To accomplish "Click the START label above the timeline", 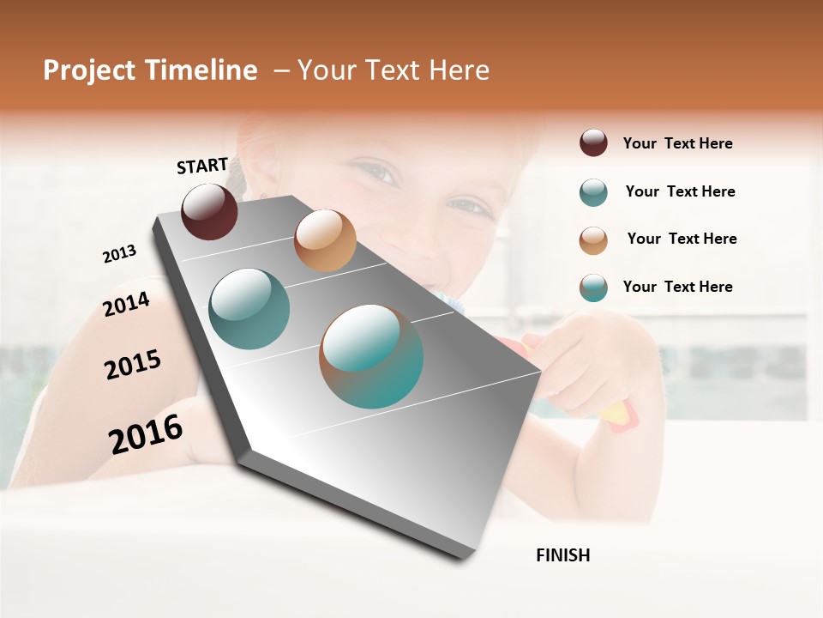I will (x=202, y=166).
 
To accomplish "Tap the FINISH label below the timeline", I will (x=563, y=555).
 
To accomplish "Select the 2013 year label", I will (x=119, y=253).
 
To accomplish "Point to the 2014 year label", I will (x=126, y=304).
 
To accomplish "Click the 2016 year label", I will (x=146, y=433).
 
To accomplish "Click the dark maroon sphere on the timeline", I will (x=209, y=211).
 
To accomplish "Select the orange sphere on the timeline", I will (x=325, y=240).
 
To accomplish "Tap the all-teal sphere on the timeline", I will (x=249, y=309).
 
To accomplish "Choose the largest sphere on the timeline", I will (x=371, y=355).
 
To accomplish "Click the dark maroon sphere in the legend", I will (x=593, y=143).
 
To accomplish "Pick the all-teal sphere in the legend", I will (x=593, y=192).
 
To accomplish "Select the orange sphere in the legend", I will (x=593, y=239).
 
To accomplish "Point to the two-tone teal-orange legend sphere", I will (x=593, y=288).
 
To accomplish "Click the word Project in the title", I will (x=89, y=70).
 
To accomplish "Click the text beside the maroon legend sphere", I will (x=678, y=143).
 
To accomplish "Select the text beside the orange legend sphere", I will (x=682, y=239).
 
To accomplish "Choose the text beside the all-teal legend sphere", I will (x=681, y=191).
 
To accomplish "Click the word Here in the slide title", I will (x=459, y=70).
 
